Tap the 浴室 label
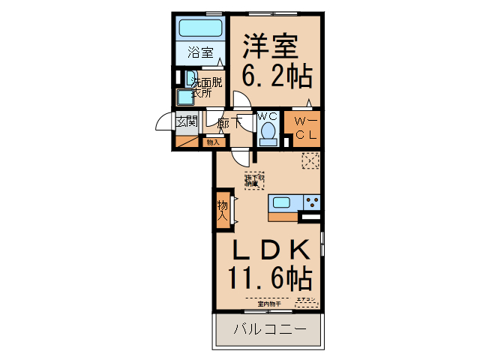pyautogui.click(x=199, y=53)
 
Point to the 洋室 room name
pyautogui.click(x=270, y=46)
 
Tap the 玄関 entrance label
pyautogui.click(x=186, y=122)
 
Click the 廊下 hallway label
pyautogui.click(x=228, y=122)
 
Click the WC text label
pyautogui.click(x=268, y=116)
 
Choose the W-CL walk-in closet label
pyautogui.click(x=305, y=128)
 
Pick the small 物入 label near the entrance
pyautogui.click(x=213, y=141)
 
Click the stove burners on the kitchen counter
pyautogui.click(x=311, y=201)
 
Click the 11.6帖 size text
pyautogui.click(x=270, y=280)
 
